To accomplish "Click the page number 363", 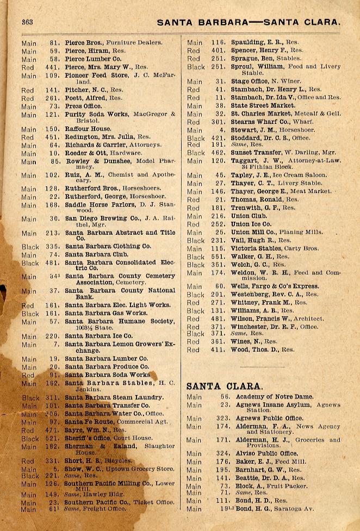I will point(27,22).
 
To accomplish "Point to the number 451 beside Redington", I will point(52,138).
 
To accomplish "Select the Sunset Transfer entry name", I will point(257,153).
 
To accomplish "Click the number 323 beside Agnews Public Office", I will point(222,418).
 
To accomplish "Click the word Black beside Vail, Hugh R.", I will point(196,240).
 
